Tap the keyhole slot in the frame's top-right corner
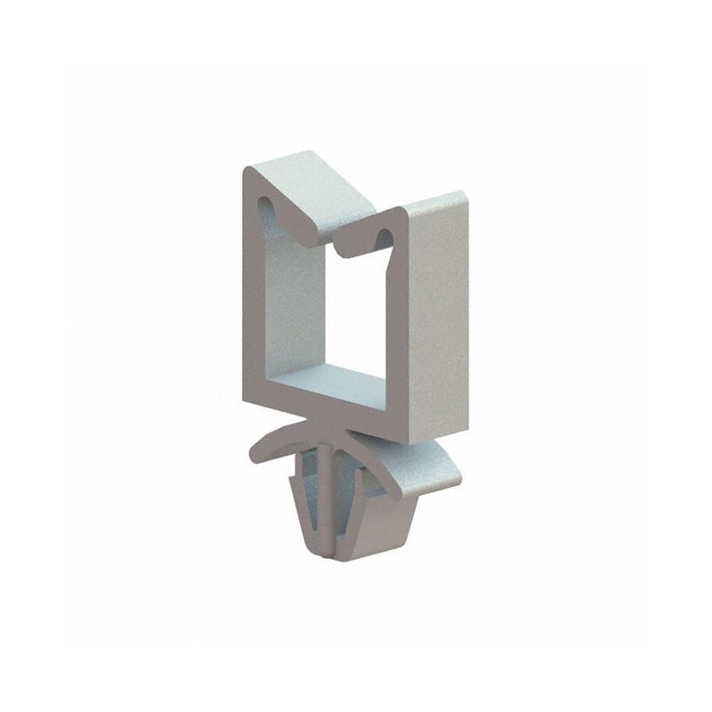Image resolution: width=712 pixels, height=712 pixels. point(384,236)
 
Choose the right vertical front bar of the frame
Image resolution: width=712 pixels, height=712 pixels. point(397,329)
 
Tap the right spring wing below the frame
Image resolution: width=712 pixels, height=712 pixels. point(418,467)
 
